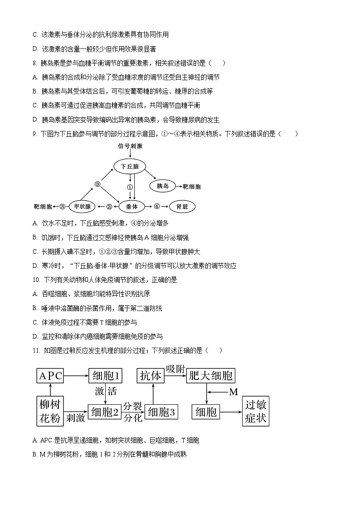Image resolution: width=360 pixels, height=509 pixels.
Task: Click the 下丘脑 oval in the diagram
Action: click(130, 167)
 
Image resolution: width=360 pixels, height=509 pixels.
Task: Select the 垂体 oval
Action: click(131, 207)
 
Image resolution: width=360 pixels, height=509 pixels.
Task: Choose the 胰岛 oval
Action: click(163, 186)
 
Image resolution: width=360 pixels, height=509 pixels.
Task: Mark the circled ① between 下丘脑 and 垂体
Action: click(130, 186)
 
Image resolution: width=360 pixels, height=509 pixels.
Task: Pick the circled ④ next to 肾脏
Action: click(157, 206)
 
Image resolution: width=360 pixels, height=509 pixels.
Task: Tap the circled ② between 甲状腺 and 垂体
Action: click(109, 207)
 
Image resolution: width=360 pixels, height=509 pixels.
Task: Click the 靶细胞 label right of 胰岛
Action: click(192, 186)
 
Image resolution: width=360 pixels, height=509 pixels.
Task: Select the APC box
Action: click(50, 375)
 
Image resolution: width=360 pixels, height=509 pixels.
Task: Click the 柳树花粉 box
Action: click(49, 411)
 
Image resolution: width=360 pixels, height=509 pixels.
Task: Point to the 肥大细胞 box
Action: click(210, 375)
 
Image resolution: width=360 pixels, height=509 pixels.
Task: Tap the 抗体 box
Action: click(151, 375)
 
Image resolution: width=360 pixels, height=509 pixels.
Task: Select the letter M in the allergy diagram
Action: click(234, 393)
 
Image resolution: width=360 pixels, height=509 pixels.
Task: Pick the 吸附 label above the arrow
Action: click(175, 368)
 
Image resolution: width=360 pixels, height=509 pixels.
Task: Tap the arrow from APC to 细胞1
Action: click(76, 375)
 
